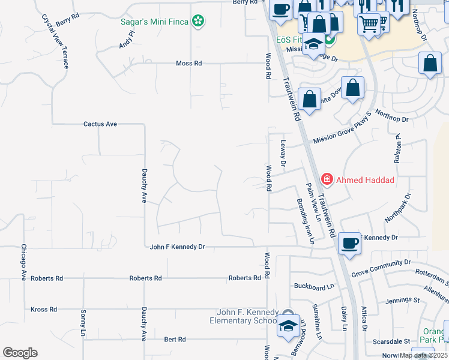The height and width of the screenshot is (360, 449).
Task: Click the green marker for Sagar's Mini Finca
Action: point(198,22)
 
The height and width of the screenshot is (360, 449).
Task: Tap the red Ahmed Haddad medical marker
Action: point(327,179)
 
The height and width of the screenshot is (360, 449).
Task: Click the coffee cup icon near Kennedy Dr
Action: point(349,243)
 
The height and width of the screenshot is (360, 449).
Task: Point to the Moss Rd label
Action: point(189,63)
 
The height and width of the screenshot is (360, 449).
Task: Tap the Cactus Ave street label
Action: point(100,124)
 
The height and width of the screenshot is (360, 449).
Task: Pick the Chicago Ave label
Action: point(24,263)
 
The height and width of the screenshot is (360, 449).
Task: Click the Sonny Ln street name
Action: point(83,323)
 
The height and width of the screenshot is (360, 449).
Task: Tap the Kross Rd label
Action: point(43,310)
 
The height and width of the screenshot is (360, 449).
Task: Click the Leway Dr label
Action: point(284,153)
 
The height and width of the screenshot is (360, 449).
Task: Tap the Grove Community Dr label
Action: point(381,267)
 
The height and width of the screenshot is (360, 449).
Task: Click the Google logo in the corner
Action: point(20,353)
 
